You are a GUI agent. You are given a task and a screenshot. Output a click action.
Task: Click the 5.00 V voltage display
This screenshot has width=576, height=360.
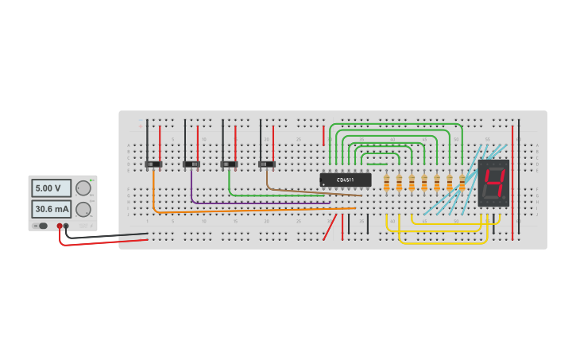pos(51,188)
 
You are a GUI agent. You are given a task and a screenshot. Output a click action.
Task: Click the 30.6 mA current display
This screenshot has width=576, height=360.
pos(51,209)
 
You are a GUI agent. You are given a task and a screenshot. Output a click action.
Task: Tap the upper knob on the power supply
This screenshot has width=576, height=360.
pos(82,188)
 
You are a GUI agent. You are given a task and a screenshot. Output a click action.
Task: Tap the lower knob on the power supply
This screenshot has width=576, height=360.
pos(82,209)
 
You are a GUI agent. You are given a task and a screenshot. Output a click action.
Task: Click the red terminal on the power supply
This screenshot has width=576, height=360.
pos(60,226)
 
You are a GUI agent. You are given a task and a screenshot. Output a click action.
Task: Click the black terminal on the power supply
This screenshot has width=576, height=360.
pos(66,226)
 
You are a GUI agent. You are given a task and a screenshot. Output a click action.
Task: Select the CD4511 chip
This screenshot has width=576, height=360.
pos(345,180)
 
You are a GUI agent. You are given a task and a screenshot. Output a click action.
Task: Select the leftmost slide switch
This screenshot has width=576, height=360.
pos(153,165)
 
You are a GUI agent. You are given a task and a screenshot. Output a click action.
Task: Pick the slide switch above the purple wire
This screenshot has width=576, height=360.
pos(191,165)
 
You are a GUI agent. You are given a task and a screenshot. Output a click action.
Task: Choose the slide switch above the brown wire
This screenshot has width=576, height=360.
pos(267,165)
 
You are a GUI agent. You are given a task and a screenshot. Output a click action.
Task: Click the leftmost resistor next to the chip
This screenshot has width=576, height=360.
pos(387,184)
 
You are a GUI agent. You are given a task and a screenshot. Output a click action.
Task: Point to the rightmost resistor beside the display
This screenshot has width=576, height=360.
pos(462,184)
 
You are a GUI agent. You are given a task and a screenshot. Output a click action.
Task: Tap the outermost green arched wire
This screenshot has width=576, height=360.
pos(393,124)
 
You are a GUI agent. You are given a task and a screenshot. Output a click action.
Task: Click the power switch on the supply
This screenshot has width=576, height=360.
pos(43,226)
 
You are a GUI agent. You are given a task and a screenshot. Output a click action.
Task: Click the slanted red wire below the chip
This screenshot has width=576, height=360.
pos(329,227)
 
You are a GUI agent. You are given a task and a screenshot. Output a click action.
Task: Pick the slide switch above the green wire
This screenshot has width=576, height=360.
pos(229,165)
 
